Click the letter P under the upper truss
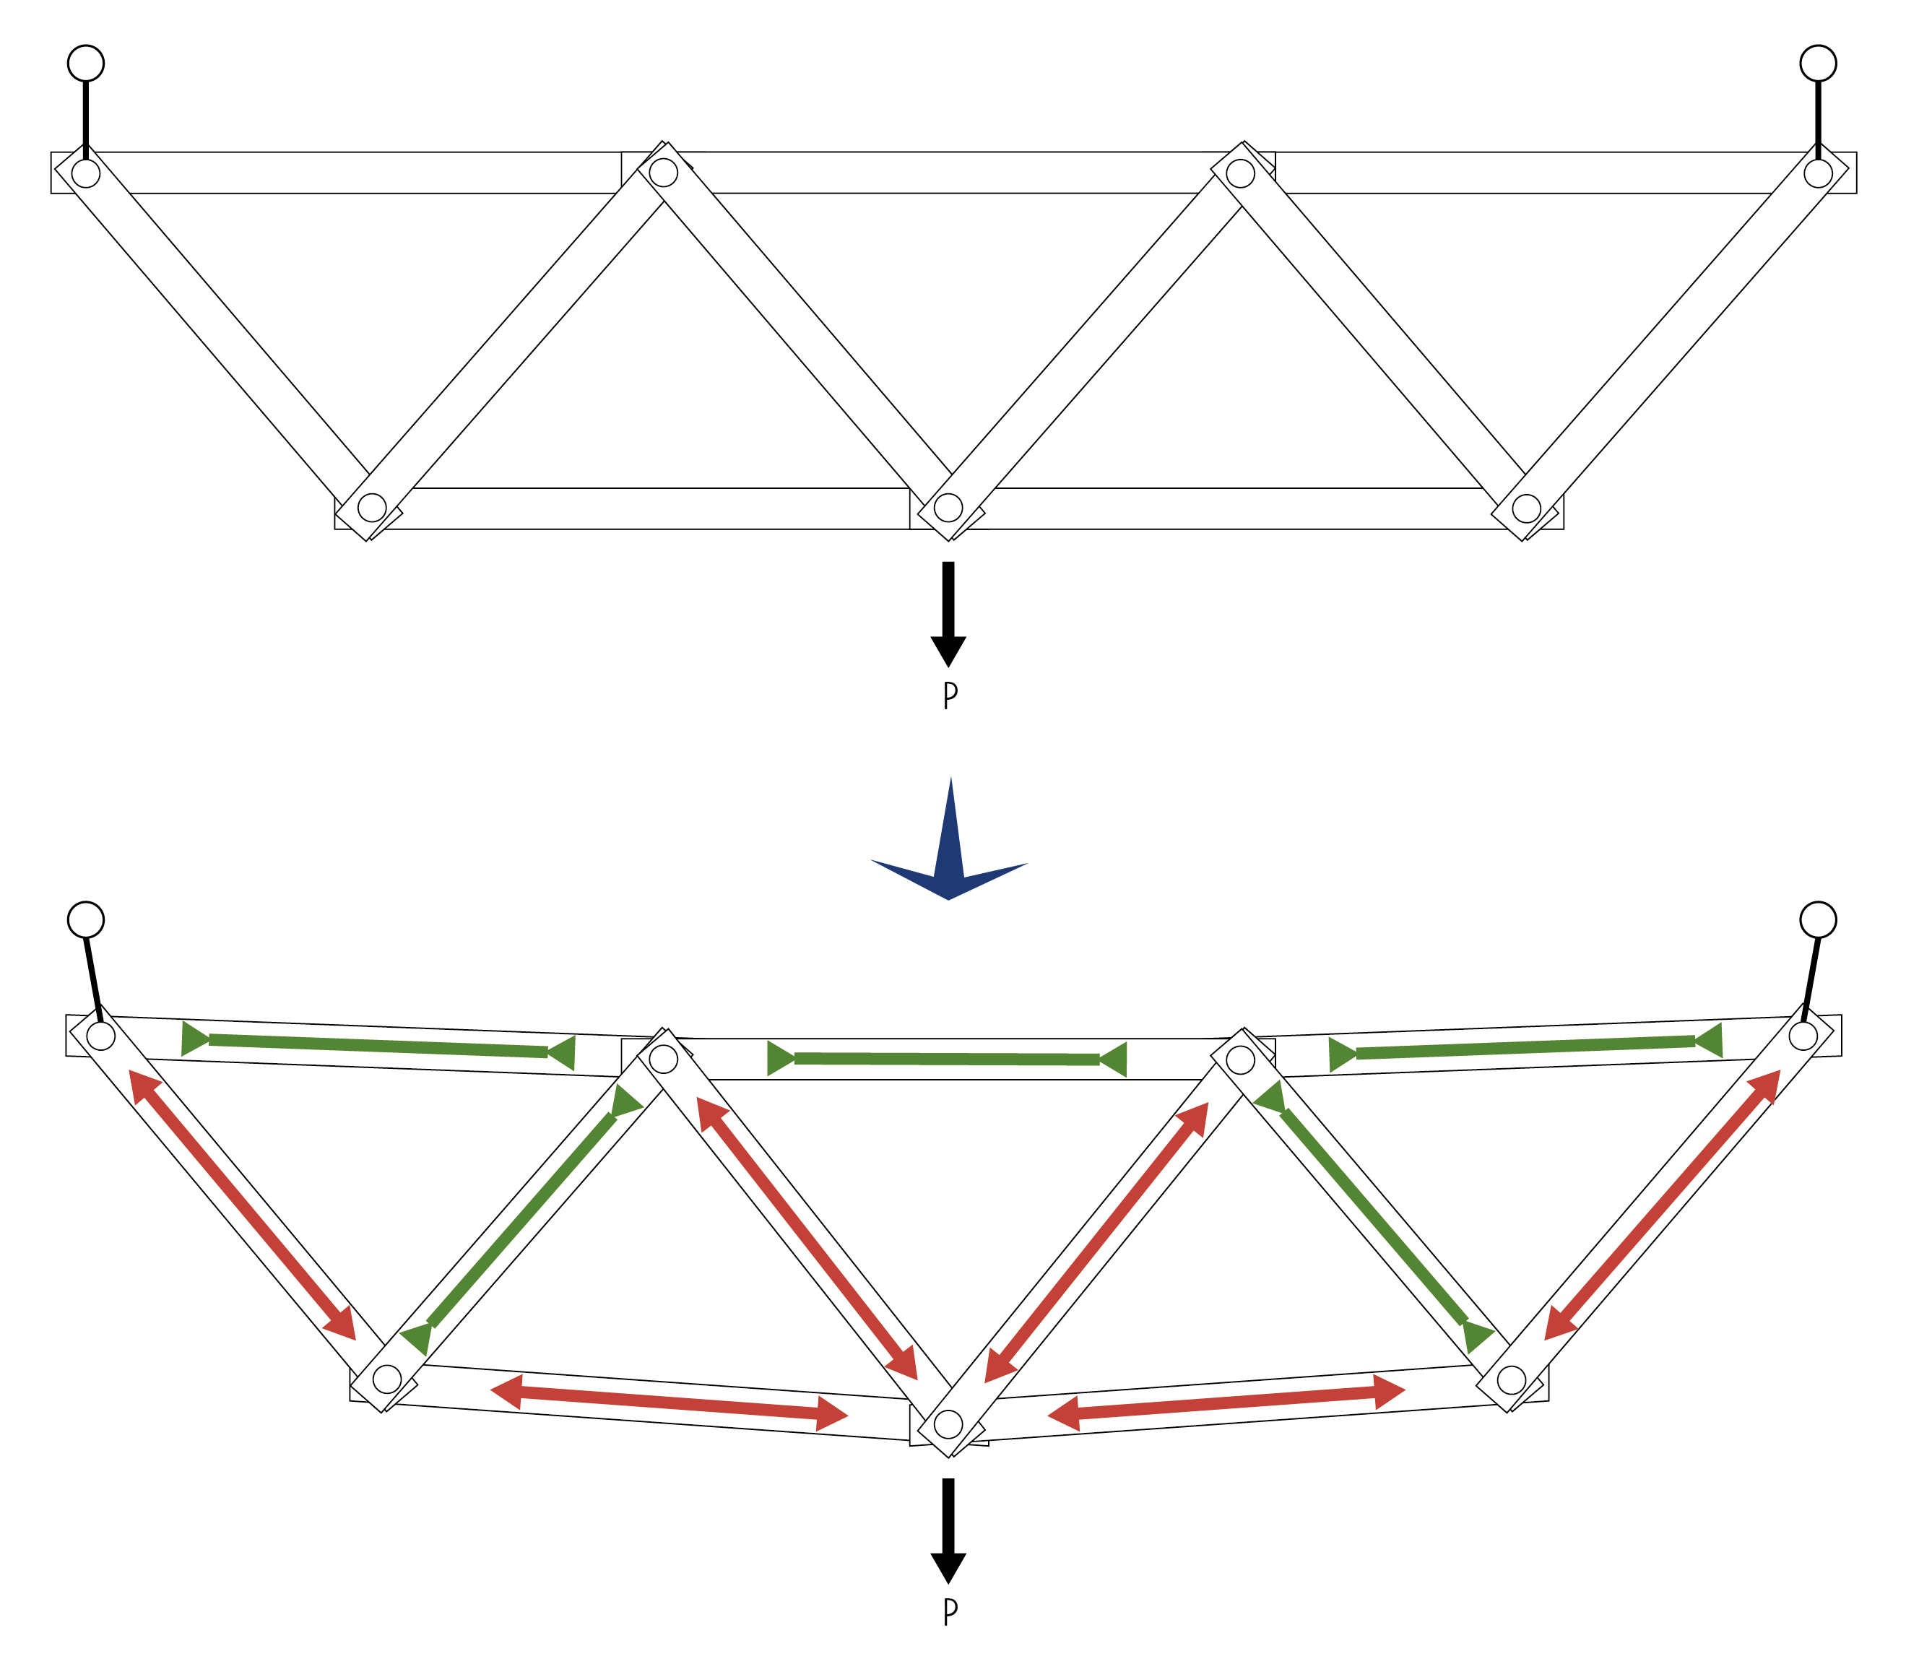[950, 695]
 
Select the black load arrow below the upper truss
[948, 613]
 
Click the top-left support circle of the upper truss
[86, 63]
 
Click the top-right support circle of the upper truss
[1818, 63]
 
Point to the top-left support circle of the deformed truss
[86, 920]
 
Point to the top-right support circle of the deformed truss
[1818, 920]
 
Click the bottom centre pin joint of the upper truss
[948, 507]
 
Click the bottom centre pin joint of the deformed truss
[948, 1424]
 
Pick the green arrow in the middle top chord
[947, 1059]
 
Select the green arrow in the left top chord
[378, 1046]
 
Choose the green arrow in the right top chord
[1525, 1047]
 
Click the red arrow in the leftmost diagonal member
[243, 1205]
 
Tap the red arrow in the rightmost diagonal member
[1662, 1205]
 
